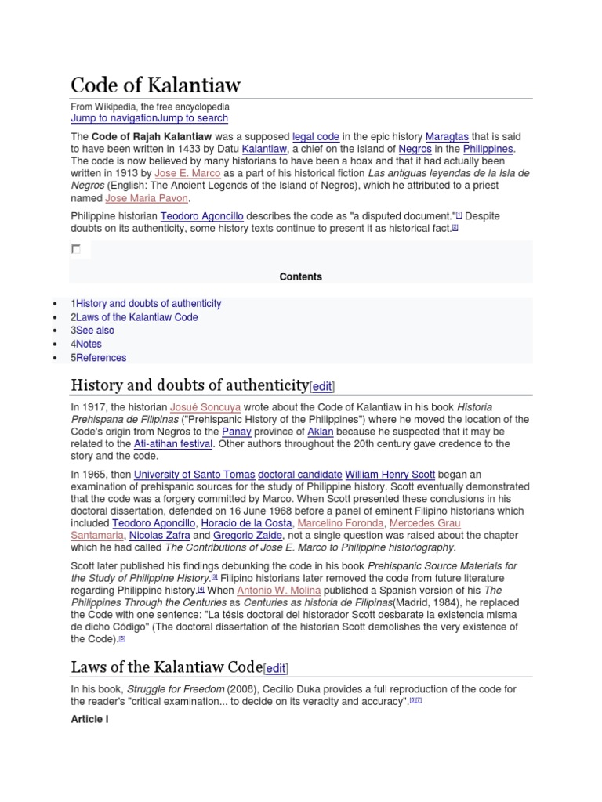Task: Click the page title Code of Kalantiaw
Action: (x=155, y=85)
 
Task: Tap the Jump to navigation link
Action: (x=114, y=118)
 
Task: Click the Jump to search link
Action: (x=193, y=118)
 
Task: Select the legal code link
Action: (x=316, y=136)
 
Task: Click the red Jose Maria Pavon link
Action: (x=147, y=198)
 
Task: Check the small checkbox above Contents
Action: (x=76, y=249)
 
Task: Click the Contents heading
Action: (x=300, y=276)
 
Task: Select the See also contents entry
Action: (x=95, y=331)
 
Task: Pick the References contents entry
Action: (x=101, y=358)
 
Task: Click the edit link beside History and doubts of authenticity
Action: (x=322, y=386)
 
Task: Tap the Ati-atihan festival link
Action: (x=173, y=443)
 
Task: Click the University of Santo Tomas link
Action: (x=194, y=475)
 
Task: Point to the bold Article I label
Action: (x=89, y=719)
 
